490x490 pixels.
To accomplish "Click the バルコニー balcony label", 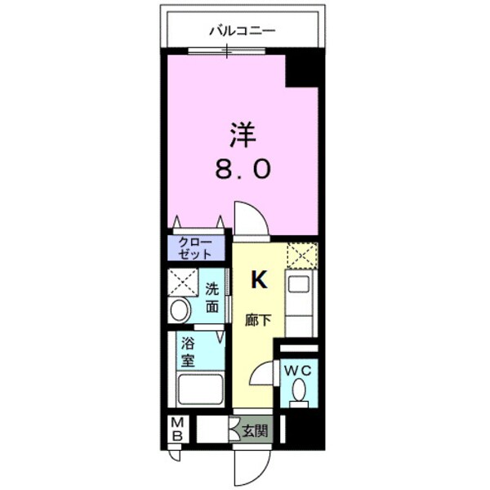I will pos(243,32).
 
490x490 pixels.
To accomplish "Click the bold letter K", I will pos(258,280).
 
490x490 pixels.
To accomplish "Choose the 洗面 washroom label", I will pos(212,299).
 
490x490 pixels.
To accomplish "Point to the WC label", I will pos(298,369).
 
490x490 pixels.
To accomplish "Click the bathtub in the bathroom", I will pos(199,390).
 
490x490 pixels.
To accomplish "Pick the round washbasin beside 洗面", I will pos(179,310).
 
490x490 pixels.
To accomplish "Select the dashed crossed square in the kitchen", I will pos(301,257).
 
